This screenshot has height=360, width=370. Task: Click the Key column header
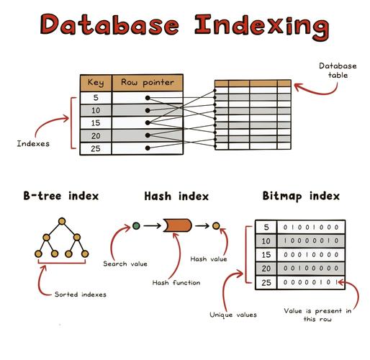pyautogui.click(x=96, y=83)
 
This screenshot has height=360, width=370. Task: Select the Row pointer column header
pyautogui.click(x=148, y=83)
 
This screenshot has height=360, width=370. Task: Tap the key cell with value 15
pyautogui.click(x=96, y=123)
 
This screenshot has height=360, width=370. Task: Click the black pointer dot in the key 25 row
pyautogui.click(x=148, y=148)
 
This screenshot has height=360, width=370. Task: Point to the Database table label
pyautogui.click(x=338, y=71)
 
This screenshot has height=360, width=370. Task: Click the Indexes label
pyautogui.click(x=33, y=143)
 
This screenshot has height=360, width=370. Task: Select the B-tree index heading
pyautogui.click(x=61, y=196)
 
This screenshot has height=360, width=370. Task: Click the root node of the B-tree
pyautogui.click(x=62, y=221)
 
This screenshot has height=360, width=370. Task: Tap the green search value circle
pyautogui.click(x=136, y=226)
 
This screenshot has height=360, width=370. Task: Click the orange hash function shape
pyautogui.click(x=178, y=225)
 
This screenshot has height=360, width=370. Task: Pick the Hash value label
pyautogui.click(x=209, y=259)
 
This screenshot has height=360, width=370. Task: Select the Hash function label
pyautogui.click(x=176, y=283)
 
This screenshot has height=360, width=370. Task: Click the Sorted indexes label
pyautogui.click(x=81, y=294)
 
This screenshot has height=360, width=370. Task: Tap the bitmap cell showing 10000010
pyautogui.click(x=311, y=240)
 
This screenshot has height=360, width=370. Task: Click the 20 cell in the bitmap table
pyautogui.click(x=266, y=269)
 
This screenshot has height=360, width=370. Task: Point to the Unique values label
pyautogui.click(x=233, y=315)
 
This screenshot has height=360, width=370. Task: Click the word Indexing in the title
pyautogui.click(x=262, y=27)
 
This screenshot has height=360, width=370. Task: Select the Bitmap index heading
pyautogui.click(x=301, y=196)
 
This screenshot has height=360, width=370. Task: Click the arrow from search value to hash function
pyautogui.click(x=153, y=226)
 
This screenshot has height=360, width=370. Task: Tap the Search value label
pyautogui.click(x=125, y=264)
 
